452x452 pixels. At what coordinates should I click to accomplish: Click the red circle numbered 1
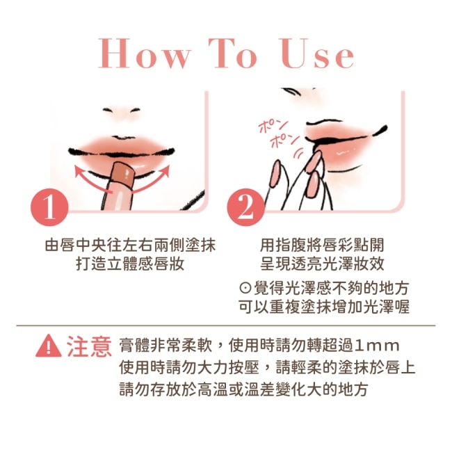pos(49,207)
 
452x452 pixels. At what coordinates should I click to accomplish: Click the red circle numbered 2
pos(245,207)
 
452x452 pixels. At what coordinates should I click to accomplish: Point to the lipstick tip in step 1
pos(122,172)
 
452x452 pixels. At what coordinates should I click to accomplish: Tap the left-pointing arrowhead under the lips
pos(79,170)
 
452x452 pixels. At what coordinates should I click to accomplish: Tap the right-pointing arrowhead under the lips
pos(165,170)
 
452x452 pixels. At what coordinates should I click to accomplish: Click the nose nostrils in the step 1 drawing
pos(122,110)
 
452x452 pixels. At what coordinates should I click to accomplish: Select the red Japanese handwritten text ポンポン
pos(278,135)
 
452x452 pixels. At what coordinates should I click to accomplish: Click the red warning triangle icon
pos(49,346)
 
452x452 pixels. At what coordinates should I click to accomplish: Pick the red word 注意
pos(90,346)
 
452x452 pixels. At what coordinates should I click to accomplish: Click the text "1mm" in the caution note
pos(377,346)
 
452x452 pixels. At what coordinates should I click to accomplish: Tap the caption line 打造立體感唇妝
pos(130,264)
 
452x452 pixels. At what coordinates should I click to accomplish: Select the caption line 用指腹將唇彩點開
pos(322,245)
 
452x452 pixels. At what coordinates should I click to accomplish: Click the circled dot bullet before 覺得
pos(245,289)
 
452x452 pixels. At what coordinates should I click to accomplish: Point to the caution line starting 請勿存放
pos(243,389)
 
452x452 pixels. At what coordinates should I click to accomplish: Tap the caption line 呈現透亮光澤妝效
pos(322,264)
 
